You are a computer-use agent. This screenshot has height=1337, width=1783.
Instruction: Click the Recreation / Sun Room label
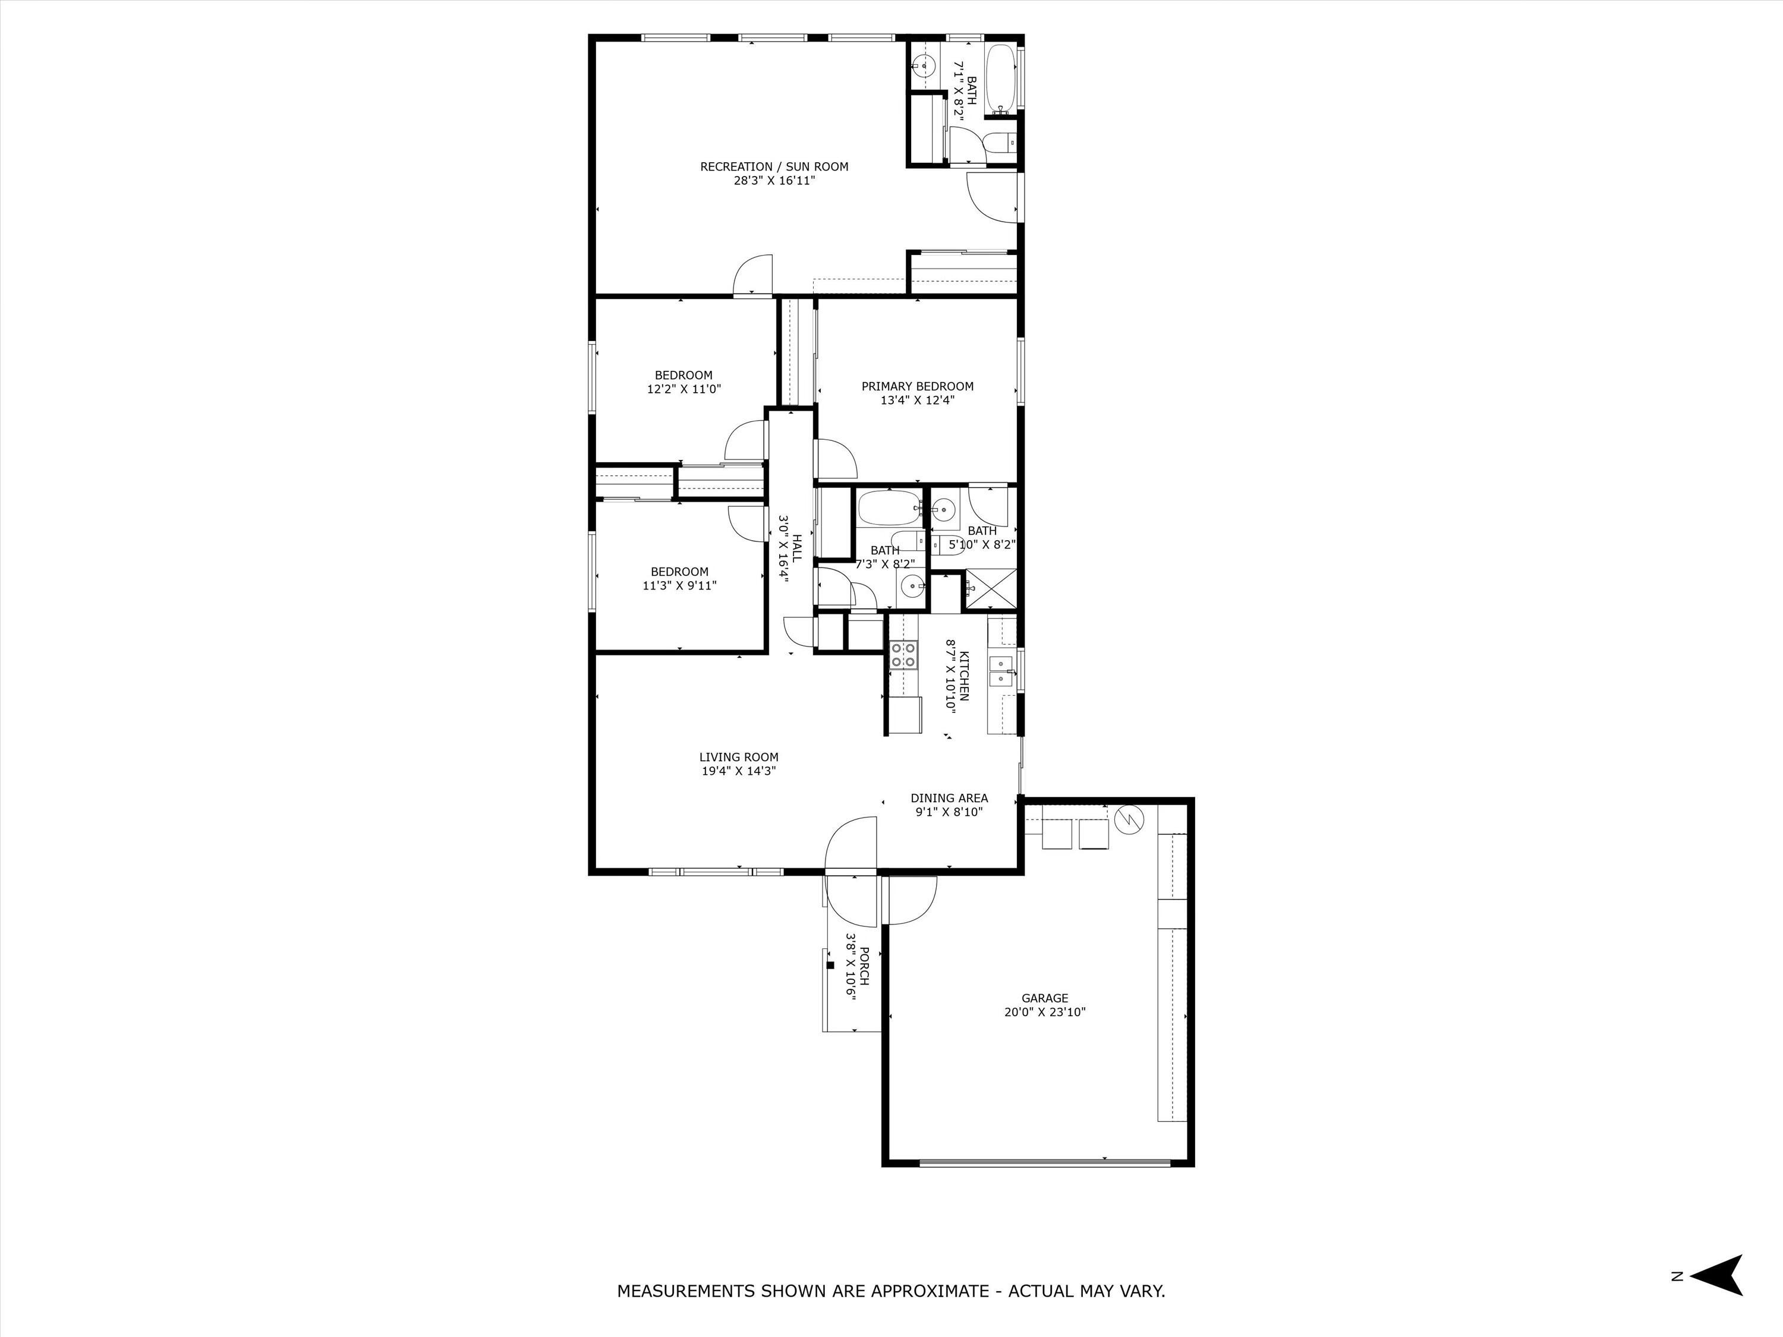point(774,167)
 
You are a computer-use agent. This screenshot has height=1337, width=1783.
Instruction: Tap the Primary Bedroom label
point(917,386)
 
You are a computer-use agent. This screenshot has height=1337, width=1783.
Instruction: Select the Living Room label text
point(738,757)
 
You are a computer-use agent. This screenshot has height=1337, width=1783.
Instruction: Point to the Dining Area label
point(949,798)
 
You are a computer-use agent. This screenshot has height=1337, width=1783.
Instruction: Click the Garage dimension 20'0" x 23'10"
point(1045,1012)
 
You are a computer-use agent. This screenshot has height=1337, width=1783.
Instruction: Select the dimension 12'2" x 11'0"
point(683,389)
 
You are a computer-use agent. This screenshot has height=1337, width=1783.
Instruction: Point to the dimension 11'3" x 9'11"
point(679,586)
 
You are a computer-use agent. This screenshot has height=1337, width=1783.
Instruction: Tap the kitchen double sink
point(1001,670)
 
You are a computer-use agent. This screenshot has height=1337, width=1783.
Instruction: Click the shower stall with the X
point(991,589)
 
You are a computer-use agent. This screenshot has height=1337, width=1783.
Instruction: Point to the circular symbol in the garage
point(1129,819)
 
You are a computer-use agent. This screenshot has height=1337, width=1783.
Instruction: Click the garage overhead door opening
point(1045,1162)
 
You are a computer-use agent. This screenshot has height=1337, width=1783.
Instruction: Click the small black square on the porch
point(830,964)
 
